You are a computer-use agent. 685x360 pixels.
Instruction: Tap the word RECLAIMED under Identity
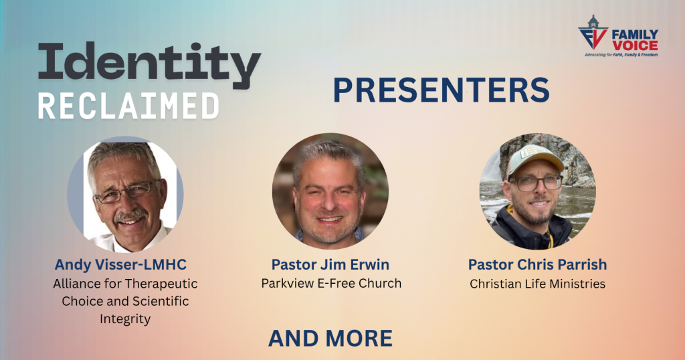coord(128,106)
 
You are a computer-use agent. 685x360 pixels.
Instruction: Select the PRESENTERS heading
coord(442,90)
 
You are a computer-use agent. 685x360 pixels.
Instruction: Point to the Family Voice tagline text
coord(621,55)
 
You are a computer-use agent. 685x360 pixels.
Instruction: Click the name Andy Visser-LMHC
coord(120,264)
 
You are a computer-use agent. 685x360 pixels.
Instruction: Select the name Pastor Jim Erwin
coord(330,264)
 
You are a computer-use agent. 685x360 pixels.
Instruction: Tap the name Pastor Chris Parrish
coord(537,264)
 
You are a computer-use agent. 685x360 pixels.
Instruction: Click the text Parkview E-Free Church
coord(331,283)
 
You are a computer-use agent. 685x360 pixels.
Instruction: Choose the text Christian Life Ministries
coord(537,284)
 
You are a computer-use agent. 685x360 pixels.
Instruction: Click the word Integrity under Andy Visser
coord(125,319)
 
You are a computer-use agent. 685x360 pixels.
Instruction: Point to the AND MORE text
coord(330,339)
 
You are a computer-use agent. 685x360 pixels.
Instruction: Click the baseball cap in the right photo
coord(534,158)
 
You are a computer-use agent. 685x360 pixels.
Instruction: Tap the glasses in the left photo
coord(126,192)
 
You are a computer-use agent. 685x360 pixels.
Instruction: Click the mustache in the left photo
coord(130,215)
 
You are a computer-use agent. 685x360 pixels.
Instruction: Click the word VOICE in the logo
coord(635,46)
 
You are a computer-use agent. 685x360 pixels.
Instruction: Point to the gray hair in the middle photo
coord(328,151)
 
